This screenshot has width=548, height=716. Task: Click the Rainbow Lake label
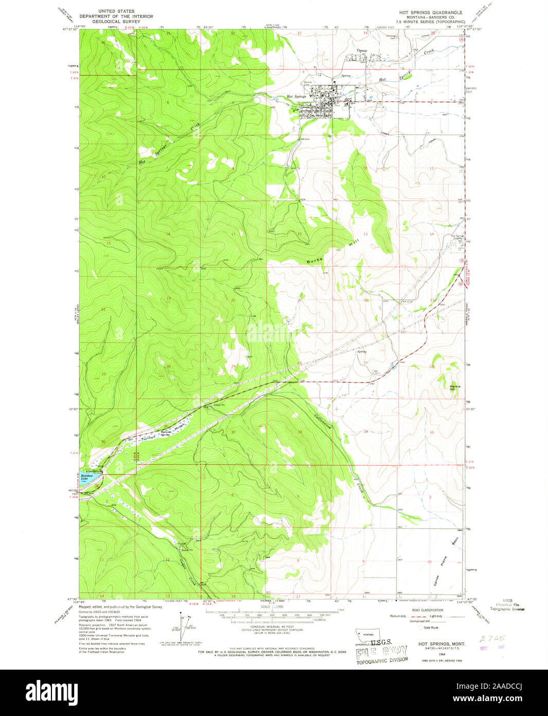click(85, 477)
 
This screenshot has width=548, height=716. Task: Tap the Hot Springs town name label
click(296, 96)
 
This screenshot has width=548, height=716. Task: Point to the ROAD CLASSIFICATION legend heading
click(430, 609)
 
